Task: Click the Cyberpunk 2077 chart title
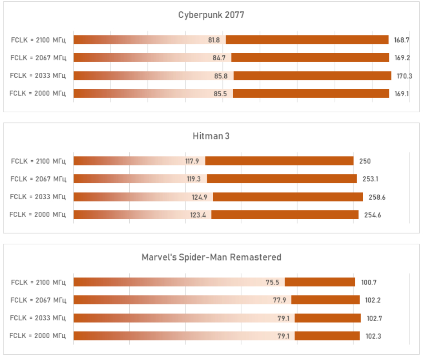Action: click(x=211, y=15)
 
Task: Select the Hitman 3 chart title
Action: click(x=211, y=136)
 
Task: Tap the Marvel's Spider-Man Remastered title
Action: click(x=211, y=257)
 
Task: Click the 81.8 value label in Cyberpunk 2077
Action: click(x=214, y=40)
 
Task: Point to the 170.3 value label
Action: click(x=404, y=76)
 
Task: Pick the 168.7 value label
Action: click(x=401, y=40)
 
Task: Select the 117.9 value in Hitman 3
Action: click(x=192, y=161)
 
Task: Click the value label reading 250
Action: click(x=365, y=161)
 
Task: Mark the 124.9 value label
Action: click(x=199, y=197)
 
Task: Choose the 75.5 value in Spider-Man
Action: click(x=272, y=282)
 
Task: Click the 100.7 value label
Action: click(x=369, y=282)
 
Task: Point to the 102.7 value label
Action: click(x=374, y=318)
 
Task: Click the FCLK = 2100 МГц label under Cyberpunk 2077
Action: click(x=38, y=40)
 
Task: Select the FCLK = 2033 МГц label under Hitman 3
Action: click(x=38, y=197)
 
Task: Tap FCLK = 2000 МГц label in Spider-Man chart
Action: click(x=38, y=336)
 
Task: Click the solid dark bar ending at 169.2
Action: click(x=310, y=58)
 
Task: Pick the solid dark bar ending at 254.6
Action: click(x=285, y=215)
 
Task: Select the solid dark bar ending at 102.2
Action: click(x=325, y=300)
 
